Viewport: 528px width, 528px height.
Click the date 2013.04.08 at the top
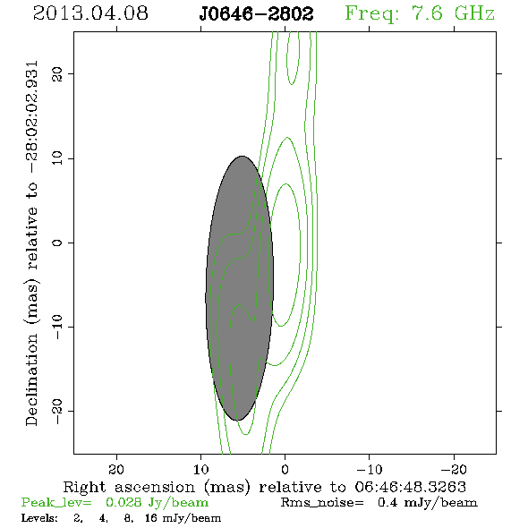pyautogui.click(x=90, y=13)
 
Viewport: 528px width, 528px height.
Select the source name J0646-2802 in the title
pyautogui.click(x=257, y=14)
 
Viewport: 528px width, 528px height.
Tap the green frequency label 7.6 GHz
pyautogui.click(x=453, y=13)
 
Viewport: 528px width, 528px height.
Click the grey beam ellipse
pyautogui.click(x=240, y=288)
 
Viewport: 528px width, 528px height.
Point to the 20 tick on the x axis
pyautogui.click(x=116, y=470)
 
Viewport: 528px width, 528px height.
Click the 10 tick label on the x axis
pyautogui.click(x=201, y=470)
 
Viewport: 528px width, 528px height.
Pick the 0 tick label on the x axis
pyautogui.click(x=285, y=470)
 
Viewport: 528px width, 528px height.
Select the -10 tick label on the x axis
pyautogui.click(x=370, y=470)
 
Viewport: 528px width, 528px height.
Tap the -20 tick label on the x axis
pyautogui.click(x=454, y=470)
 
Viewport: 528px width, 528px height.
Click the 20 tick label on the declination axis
pyautogui.click(x=57, y=73)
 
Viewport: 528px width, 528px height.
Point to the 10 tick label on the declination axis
pyautogui.click(x=57, y=158)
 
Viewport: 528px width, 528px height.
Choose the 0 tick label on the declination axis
pyautogui.click(x=57, y=243)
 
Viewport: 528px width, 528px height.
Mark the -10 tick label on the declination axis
pyautogui.click(x=57, y=327)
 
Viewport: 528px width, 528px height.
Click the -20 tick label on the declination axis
pyautogui.click(x=57, y=411)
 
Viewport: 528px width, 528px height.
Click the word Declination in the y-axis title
pyautogui.click(x=31, y=379)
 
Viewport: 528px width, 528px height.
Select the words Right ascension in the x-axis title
pyautogui.click(x=129, y=487)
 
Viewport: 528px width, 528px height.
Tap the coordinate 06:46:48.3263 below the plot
pyautogui.click(x=411, y=487)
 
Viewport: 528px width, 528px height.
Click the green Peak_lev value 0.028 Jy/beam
pyautogui.click(x=158, y=503)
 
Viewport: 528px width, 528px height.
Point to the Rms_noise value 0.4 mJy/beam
pyautogui.click(x=427, y=503)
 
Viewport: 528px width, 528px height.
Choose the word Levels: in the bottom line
pyautogui.click(x=39, y=518)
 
